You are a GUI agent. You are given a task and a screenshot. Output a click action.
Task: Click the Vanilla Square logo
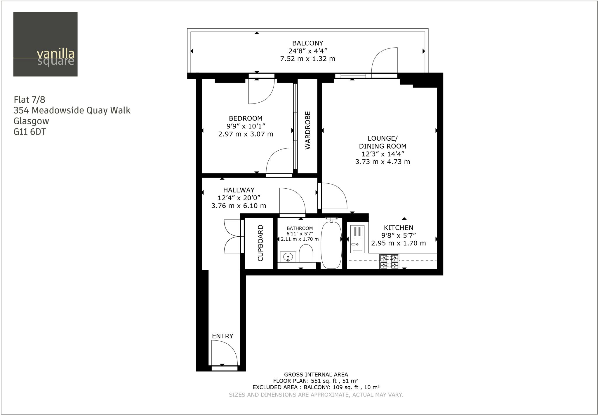click(45, 44)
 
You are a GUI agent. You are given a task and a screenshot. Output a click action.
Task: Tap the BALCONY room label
click(308, 43)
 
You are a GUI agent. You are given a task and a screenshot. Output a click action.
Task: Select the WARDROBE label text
click(308, 130)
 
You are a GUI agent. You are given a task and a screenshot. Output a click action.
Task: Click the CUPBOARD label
click(260, 243)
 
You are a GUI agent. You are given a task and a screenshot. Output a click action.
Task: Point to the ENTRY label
click(222, 336)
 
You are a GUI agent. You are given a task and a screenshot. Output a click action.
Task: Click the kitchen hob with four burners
click(389, 261)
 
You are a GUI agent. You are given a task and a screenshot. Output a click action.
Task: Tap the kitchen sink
click(357, 239)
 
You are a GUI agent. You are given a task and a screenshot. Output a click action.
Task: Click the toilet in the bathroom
click(306, 253)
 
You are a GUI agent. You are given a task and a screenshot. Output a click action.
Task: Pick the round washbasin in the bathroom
click(288, 257)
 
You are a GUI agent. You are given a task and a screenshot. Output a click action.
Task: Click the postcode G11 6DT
click(30, 132)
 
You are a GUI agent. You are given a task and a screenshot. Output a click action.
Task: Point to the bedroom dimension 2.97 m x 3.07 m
click(246, 134)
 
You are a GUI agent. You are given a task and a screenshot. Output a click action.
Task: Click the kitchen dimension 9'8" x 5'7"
click(398, 235)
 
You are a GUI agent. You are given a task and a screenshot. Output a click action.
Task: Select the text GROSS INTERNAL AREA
click(316, 374)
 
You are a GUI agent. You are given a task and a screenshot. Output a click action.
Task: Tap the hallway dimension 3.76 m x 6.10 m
click(239, 206)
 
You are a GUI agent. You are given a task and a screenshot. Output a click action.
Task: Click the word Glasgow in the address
click(31, 121)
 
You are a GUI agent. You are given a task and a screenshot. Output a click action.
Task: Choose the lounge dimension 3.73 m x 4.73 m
click(383, 162)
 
